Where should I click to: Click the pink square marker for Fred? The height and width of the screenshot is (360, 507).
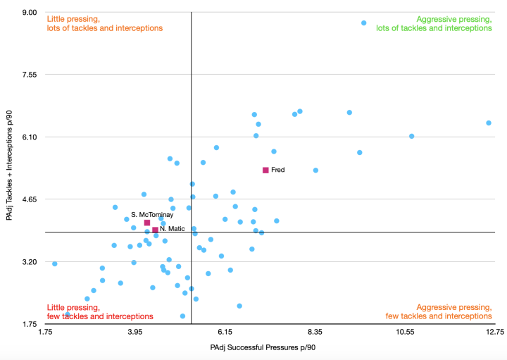click(x=265, y=170)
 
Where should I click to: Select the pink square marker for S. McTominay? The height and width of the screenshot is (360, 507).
click(x=147, y=223)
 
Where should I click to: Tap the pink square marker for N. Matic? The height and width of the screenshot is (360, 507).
click(x=155, y=230)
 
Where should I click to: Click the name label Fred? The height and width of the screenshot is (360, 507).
click(x=278, y=170)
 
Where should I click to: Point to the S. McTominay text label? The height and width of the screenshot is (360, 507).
click(x=152, y=214)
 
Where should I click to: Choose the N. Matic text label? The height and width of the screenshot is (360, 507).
click(x=173, y=229)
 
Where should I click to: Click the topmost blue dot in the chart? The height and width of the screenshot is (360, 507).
click(x=363, y=23)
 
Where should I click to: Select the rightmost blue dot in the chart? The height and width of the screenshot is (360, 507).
click(x=488, y=123)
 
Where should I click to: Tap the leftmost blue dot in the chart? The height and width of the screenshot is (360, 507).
click(x=54, y=263)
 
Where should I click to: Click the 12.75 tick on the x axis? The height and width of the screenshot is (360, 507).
click(x=494, y=330)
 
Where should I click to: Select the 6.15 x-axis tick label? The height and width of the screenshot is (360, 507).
click(x=225, y=330)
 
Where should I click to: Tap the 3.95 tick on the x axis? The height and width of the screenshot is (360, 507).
click(x=134, y=330)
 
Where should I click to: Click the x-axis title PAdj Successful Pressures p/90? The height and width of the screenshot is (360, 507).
click(x=270, y=348)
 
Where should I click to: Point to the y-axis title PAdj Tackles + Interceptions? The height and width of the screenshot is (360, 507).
click(x=11, y=168)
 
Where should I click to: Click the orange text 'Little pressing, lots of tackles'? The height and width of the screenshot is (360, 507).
click(x=104, y=23)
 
